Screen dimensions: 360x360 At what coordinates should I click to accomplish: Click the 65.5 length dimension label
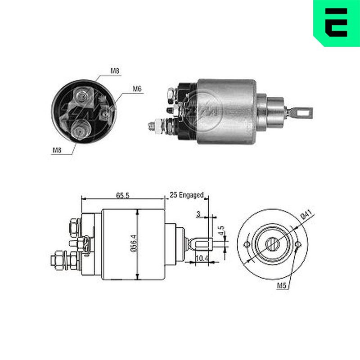[123, 195]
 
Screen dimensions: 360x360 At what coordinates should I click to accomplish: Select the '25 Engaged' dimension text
[187, 195]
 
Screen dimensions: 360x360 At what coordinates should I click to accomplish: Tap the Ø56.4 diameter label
[134, 243]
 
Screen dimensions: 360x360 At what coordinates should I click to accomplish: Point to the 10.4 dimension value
[202, 258]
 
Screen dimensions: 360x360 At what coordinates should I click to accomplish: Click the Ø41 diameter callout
[307, 216]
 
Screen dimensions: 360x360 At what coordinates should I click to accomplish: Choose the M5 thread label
[282, 286]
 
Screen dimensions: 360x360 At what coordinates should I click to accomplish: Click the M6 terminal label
[137, 89]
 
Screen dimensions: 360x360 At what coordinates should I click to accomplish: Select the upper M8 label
[115, 71]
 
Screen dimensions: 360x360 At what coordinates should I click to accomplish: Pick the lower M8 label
[57, 150]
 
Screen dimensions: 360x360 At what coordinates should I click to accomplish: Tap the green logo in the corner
[337, 23]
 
